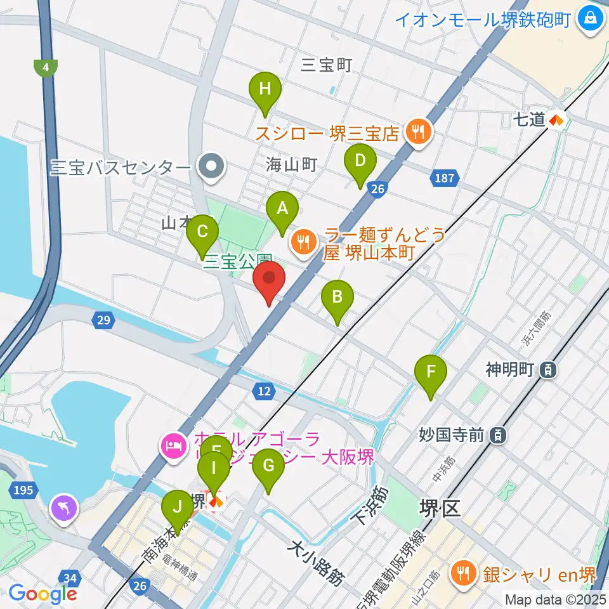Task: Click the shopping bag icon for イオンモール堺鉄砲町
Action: pos(591,18)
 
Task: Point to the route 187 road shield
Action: pos(445,178)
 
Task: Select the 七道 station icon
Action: pos(556,119)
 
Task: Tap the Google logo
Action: pos(43,593)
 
